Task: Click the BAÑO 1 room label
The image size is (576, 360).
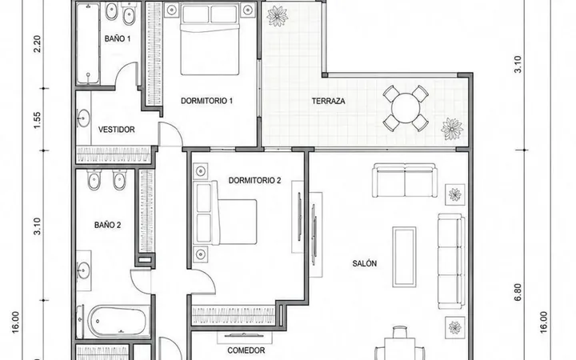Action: point(117,38)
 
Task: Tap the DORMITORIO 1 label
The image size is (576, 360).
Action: point(206,101)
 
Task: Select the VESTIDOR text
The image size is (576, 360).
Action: point(117,130)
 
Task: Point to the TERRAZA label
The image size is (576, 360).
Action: point(329,101)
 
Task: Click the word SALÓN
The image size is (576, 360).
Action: point(365,263)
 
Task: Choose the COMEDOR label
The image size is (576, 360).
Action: point(246,350)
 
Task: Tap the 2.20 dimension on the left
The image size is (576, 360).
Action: point(37,44)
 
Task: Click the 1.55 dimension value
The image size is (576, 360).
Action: point(37,121)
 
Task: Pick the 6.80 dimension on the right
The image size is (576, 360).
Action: point(518,293)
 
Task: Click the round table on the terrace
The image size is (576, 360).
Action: point(406,108)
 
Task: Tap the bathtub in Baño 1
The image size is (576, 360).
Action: point(88,43)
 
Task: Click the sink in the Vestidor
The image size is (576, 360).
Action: point(83,118)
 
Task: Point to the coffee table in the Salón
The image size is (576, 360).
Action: point(404,257)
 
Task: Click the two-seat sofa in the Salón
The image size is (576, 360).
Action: point(404,180)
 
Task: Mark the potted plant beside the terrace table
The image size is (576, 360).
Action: point(452,129)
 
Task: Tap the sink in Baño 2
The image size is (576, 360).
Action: point(83,271)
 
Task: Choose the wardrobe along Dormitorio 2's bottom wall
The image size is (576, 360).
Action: point(234,315)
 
